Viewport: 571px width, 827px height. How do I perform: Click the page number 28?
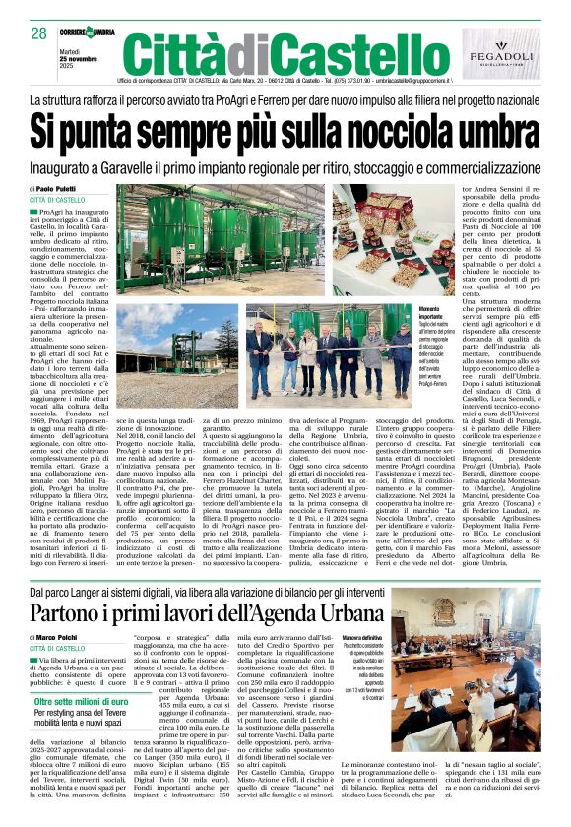[x=39, y=32]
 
